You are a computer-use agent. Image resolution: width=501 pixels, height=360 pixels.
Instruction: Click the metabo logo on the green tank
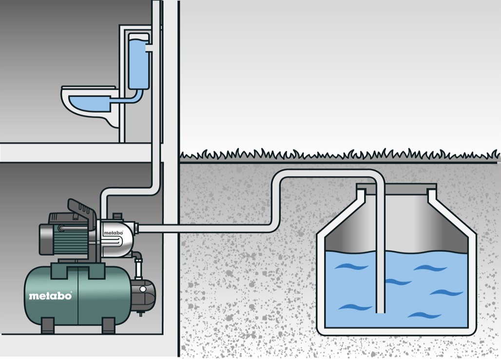(x=51, y=296)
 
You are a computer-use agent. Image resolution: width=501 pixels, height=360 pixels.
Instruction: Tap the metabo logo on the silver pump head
(x=113, y=232)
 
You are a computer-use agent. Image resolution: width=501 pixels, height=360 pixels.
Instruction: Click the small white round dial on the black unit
(x=143, y=289)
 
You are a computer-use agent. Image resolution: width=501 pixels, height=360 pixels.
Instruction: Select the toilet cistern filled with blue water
(x=139, y=61)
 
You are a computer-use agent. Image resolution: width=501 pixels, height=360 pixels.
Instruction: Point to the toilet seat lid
(x=89, y=87)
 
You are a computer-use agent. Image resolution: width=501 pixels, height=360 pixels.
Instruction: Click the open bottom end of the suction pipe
(x=381, y=311)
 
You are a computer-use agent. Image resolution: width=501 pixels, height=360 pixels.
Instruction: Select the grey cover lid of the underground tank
(x=396, y=186)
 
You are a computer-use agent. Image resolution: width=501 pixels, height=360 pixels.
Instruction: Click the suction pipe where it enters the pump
(x=137, y=228)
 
